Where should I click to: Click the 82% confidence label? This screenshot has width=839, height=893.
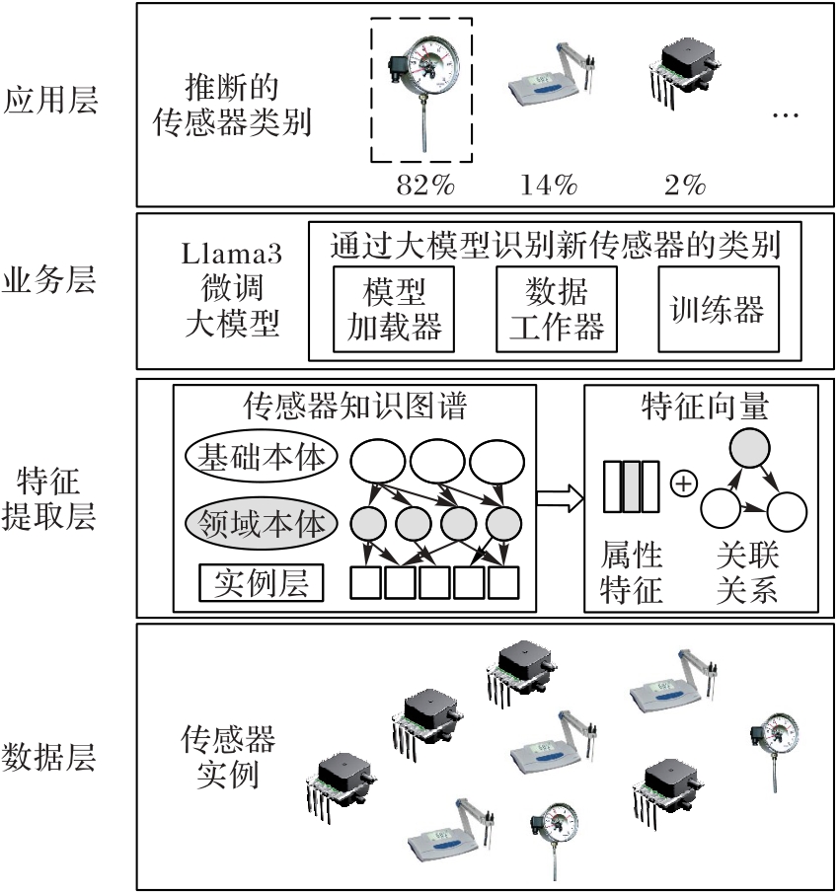423,184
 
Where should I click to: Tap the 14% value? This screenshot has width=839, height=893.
549,184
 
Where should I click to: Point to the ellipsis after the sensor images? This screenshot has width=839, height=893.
785,116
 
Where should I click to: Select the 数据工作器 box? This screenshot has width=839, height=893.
556,309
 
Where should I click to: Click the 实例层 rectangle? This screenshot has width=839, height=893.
261,583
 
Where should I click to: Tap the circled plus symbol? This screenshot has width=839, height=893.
683,484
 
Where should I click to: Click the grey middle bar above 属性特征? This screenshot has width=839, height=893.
631,485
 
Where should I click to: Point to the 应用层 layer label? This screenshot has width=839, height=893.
52,100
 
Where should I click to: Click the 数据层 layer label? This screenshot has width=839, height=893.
52,758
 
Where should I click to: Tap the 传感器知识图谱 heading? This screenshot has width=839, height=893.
354,405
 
